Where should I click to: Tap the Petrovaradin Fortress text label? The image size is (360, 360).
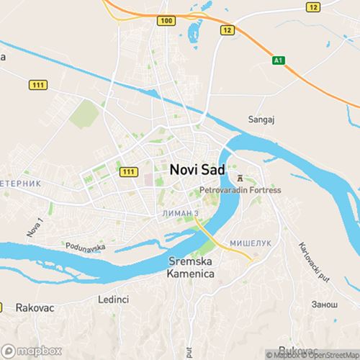coord(240,191)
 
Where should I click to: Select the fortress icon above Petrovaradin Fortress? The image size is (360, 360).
coord(239,177)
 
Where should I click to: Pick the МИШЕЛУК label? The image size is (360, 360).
coord(251,243)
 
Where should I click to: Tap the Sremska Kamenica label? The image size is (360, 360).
coord(192,267)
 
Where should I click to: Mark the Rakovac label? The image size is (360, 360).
coord(35,307)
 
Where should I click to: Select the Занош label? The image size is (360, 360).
coord(325,305)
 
